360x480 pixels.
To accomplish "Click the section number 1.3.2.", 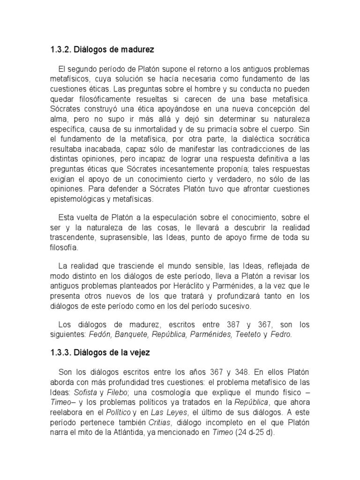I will (60, 49).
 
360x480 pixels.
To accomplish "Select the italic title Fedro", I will (281, 334).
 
